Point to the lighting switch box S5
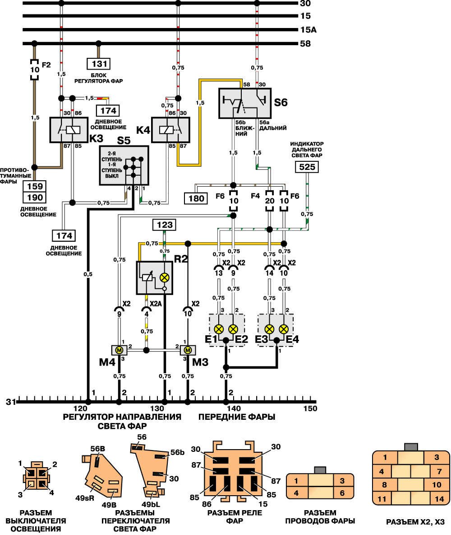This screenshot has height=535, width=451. click(124, 165)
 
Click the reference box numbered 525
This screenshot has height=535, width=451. click(307, 168)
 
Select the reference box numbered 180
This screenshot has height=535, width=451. click(196, 197)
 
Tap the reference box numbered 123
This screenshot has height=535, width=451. click(164, 224)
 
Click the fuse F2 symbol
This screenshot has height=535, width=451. click(34, 70)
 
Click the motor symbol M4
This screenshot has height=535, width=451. click(120, 350)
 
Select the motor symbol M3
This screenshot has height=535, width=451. click(187, 350)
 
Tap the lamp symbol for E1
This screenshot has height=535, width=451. click(219, 329)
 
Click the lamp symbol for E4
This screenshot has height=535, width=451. click(284, 329)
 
